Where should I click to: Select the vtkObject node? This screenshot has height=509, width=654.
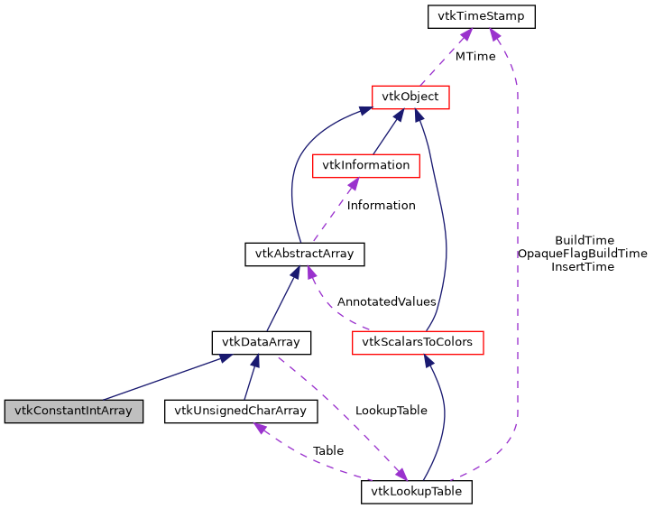410,96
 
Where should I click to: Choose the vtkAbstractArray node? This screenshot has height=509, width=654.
304,255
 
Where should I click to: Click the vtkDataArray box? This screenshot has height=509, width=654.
261,342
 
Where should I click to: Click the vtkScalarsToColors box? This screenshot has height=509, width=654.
417,342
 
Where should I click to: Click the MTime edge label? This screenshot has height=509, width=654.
474,56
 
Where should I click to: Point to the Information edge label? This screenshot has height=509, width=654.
381,205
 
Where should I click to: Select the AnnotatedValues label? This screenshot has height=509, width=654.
386,301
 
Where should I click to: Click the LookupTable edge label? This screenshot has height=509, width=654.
391,410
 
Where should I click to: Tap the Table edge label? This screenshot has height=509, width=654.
327,450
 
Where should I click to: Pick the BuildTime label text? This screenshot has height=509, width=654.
584,240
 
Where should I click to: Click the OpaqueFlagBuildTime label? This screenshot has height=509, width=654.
582,254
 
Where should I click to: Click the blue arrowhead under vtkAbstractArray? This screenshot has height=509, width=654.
292,273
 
